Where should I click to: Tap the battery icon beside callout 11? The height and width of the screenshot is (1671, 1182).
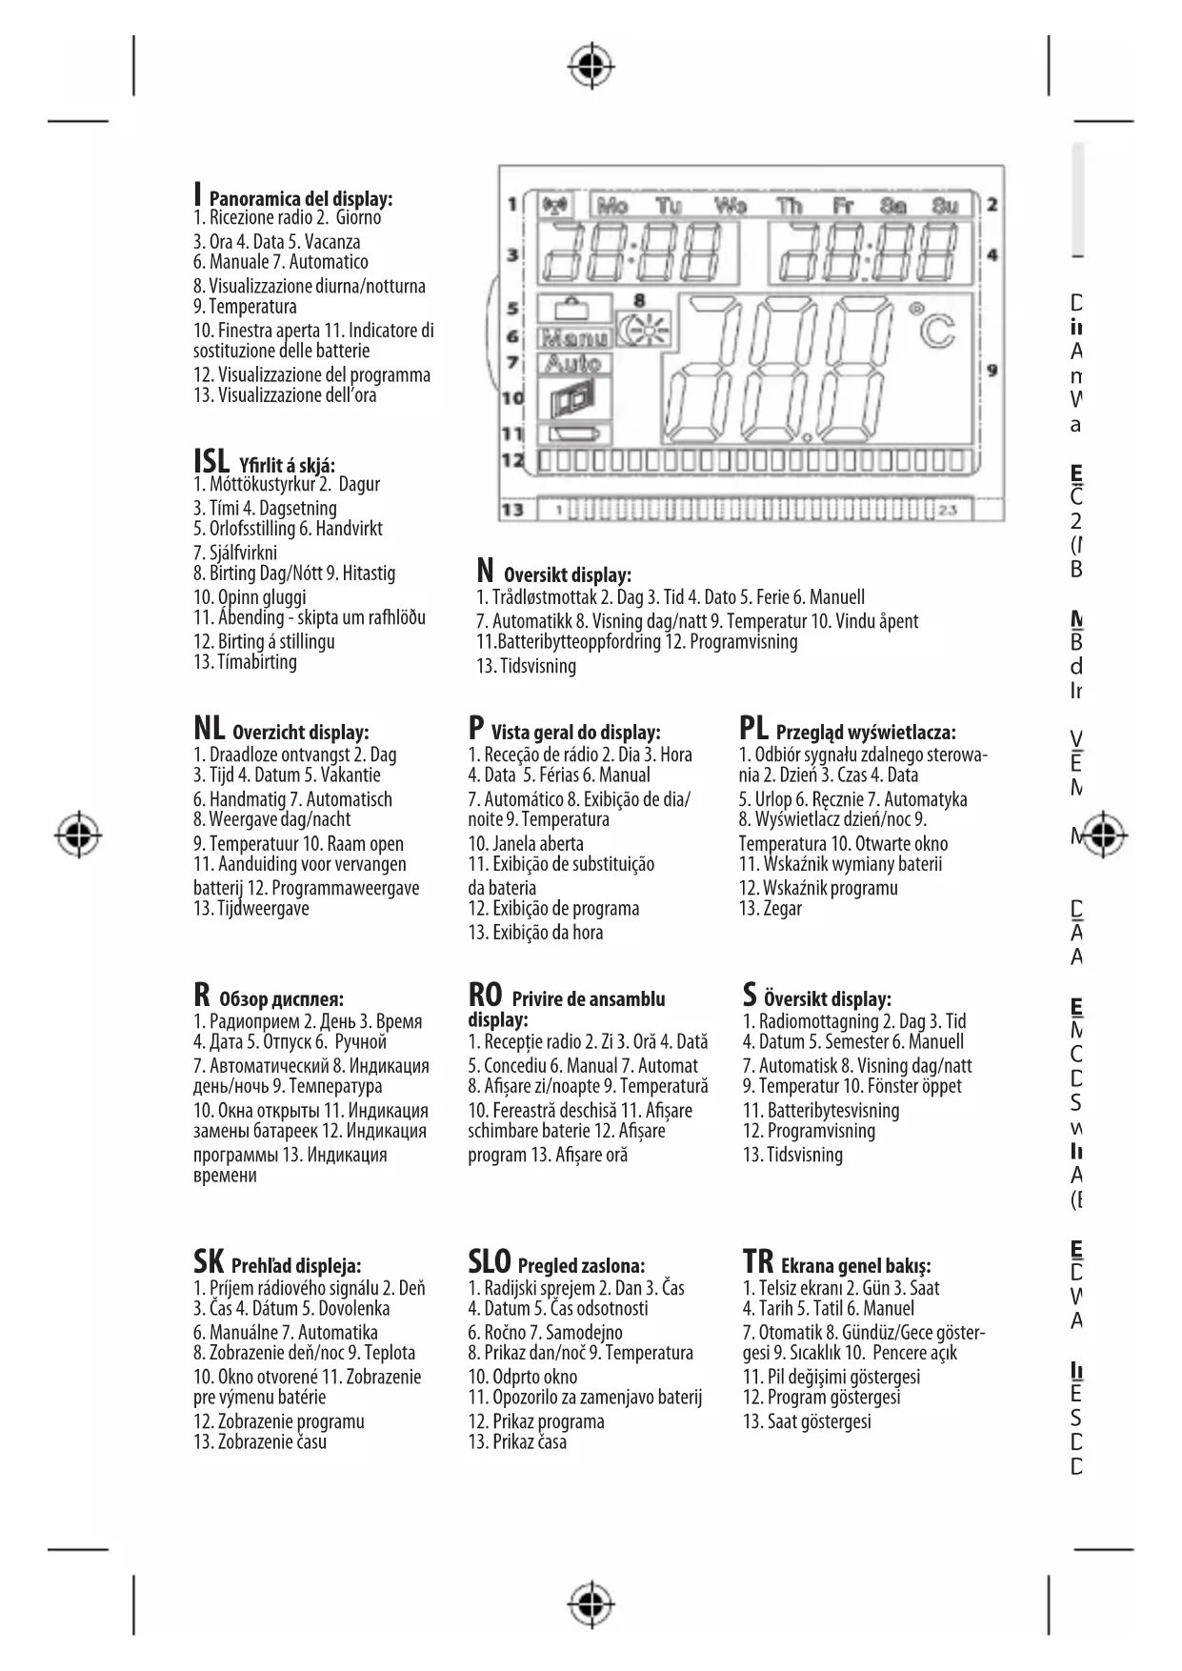(x=574, y=434)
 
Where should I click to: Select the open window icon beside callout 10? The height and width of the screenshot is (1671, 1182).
(x=573, y=398)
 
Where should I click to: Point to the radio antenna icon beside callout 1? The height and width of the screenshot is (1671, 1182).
(x=553, y=205)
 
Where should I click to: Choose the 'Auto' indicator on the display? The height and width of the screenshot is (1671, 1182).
(x=573, y=363)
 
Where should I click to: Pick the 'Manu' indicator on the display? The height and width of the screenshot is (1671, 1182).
(x=573, y=336)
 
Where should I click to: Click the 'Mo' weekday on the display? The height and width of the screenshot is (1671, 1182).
(x=612, y=205)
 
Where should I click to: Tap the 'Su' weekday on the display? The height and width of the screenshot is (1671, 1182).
(x=944, y=205)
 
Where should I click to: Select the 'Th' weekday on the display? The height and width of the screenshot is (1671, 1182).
(x=789, y=205)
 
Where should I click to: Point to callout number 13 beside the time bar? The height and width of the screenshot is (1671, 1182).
(x=512, y=510)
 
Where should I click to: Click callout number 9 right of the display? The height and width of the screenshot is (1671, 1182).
(x=992, y=370)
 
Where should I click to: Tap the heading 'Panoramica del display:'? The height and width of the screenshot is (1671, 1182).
(x=300, y=199)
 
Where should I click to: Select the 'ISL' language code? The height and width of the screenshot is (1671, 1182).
(x=211, y=462)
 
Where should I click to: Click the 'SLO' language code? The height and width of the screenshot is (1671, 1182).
(x=489, y=1262)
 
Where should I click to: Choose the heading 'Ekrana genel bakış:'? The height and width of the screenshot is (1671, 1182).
(x=855, y=1266)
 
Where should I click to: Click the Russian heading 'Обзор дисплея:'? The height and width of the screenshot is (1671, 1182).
(x=281, y=999)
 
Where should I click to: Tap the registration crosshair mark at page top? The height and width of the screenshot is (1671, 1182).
(x=591, y=66)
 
